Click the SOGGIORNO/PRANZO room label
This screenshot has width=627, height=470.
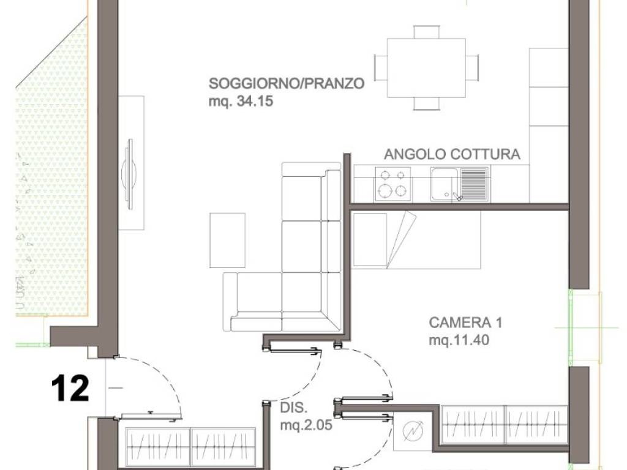[287, 83]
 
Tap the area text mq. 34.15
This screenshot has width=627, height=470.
[240, 102]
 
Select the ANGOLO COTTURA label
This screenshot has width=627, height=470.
[452, 154]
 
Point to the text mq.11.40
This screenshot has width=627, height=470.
[459, 341]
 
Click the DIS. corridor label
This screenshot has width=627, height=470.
[293, 408]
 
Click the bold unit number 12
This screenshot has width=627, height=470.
[70, 389]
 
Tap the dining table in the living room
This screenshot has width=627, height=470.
[426, 67]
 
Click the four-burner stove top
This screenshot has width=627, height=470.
[392, 184]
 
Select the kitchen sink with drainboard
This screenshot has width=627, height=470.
[459, 184]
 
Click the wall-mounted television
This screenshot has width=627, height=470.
[129, 174]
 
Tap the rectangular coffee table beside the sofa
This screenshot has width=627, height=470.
[227, 240]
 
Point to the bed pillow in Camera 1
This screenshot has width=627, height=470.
[370, 239]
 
